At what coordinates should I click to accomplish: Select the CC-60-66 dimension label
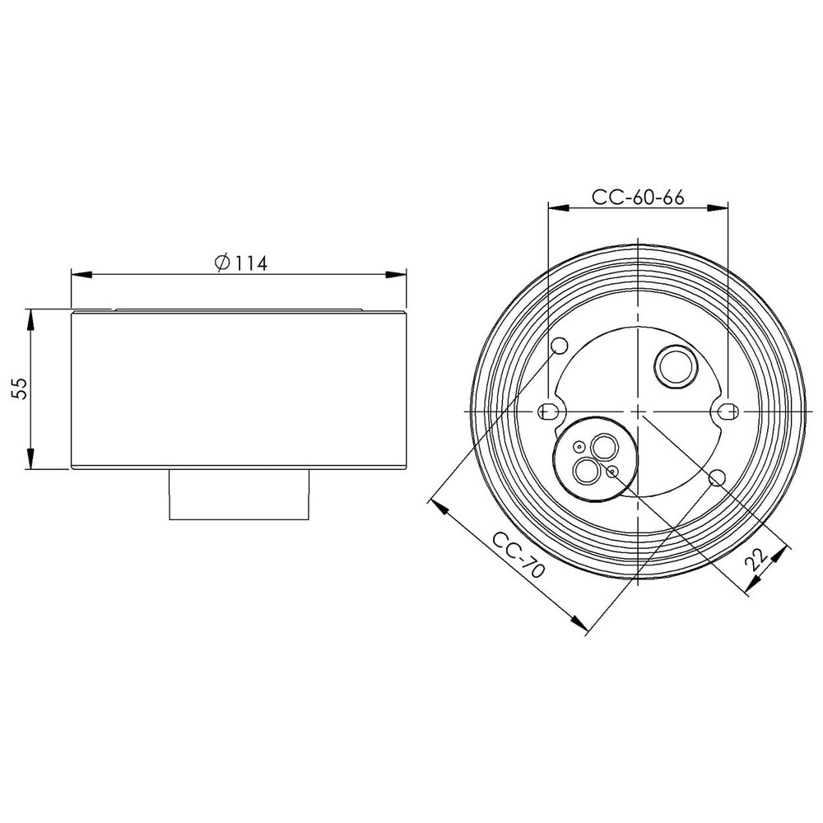[x=639, y=198]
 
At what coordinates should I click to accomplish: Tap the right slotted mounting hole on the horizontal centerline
[x=726, y=411]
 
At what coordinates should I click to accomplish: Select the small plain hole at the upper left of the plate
[x=560, y=345]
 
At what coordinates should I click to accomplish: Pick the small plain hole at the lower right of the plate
[x=716, y=477]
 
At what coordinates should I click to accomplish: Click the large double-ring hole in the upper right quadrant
[x=672, y=365]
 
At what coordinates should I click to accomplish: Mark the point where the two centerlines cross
[x=639, y=411]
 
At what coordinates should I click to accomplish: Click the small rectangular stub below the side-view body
[x=239, y=495]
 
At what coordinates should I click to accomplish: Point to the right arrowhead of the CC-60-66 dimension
[x=722, y=208]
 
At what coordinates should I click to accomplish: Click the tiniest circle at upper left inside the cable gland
[x=579, y=447]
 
